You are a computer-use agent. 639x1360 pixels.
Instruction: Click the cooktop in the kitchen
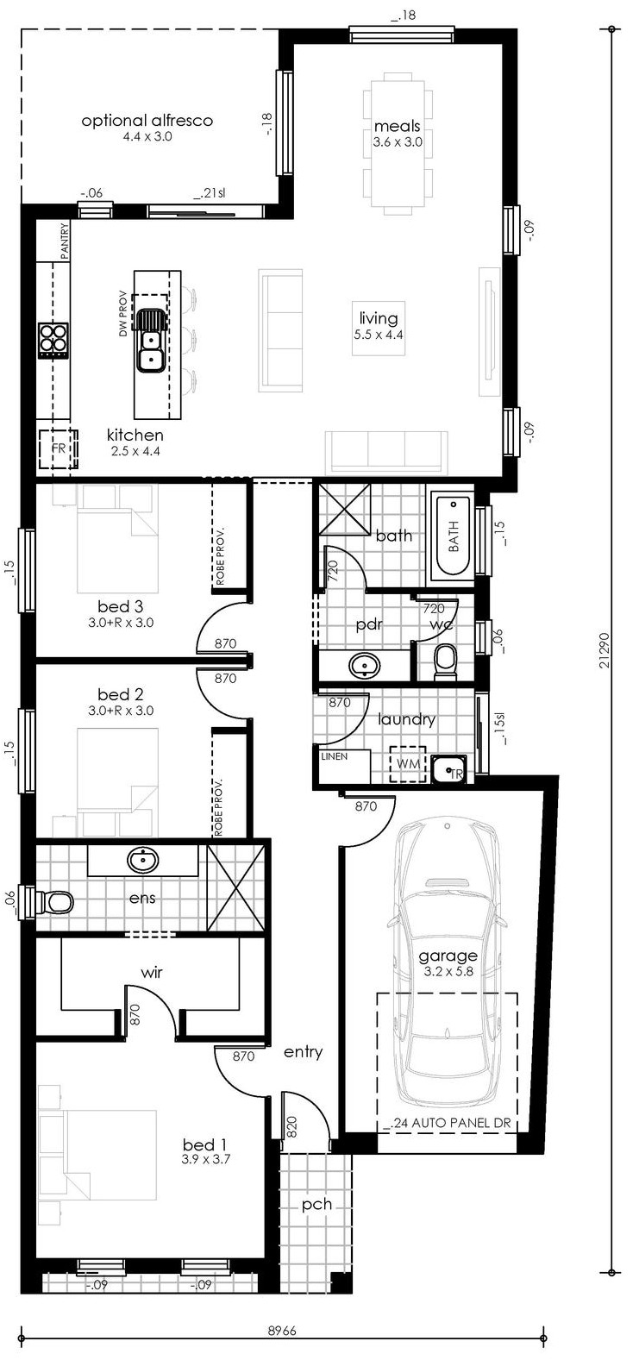(53, 340)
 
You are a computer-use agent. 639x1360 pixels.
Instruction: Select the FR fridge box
(59, 448)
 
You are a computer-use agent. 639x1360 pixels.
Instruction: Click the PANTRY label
(65, 241)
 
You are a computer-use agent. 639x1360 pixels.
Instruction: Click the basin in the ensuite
(143, 860)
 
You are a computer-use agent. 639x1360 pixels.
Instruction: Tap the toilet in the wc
(446, 662)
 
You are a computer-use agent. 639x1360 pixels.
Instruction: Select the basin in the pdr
(365, 666)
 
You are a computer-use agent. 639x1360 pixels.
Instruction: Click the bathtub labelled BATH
(453, 536)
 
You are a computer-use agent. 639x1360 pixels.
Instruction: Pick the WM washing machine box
(408, 764)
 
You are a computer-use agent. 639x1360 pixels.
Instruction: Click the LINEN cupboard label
(335, 756)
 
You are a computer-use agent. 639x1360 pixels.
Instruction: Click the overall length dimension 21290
(605, 650)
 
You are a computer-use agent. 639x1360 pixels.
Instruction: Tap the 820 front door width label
(291, 1126)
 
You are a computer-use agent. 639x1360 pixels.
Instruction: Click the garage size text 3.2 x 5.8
(448, 971)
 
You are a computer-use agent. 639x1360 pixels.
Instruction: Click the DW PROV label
(122, 313)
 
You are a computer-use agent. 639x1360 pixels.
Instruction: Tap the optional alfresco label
(147, 120)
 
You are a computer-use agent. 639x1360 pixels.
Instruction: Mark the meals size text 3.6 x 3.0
(398, 141)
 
